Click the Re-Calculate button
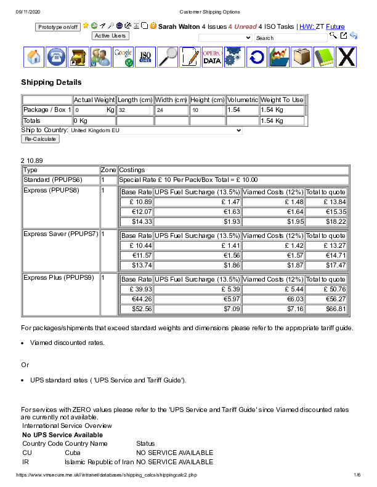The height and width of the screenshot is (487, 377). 41,139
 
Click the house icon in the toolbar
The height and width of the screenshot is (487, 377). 34,57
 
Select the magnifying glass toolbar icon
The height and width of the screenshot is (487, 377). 168,57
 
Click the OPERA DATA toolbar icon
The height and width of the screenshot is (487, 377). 212,57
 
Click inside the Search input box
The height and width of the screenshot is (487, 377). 291,38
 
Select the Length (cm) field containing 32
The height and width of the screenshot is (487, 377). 134,110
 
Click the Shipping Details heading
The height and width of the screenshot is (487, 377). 51,82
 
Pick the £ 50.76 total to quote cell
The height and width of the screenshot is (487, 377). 326,289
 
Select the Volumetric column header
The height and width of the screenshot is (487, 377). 242,100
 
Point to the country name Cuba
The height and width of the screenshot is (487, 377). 72,452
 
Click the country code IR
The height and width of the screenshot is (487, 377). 26,461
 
